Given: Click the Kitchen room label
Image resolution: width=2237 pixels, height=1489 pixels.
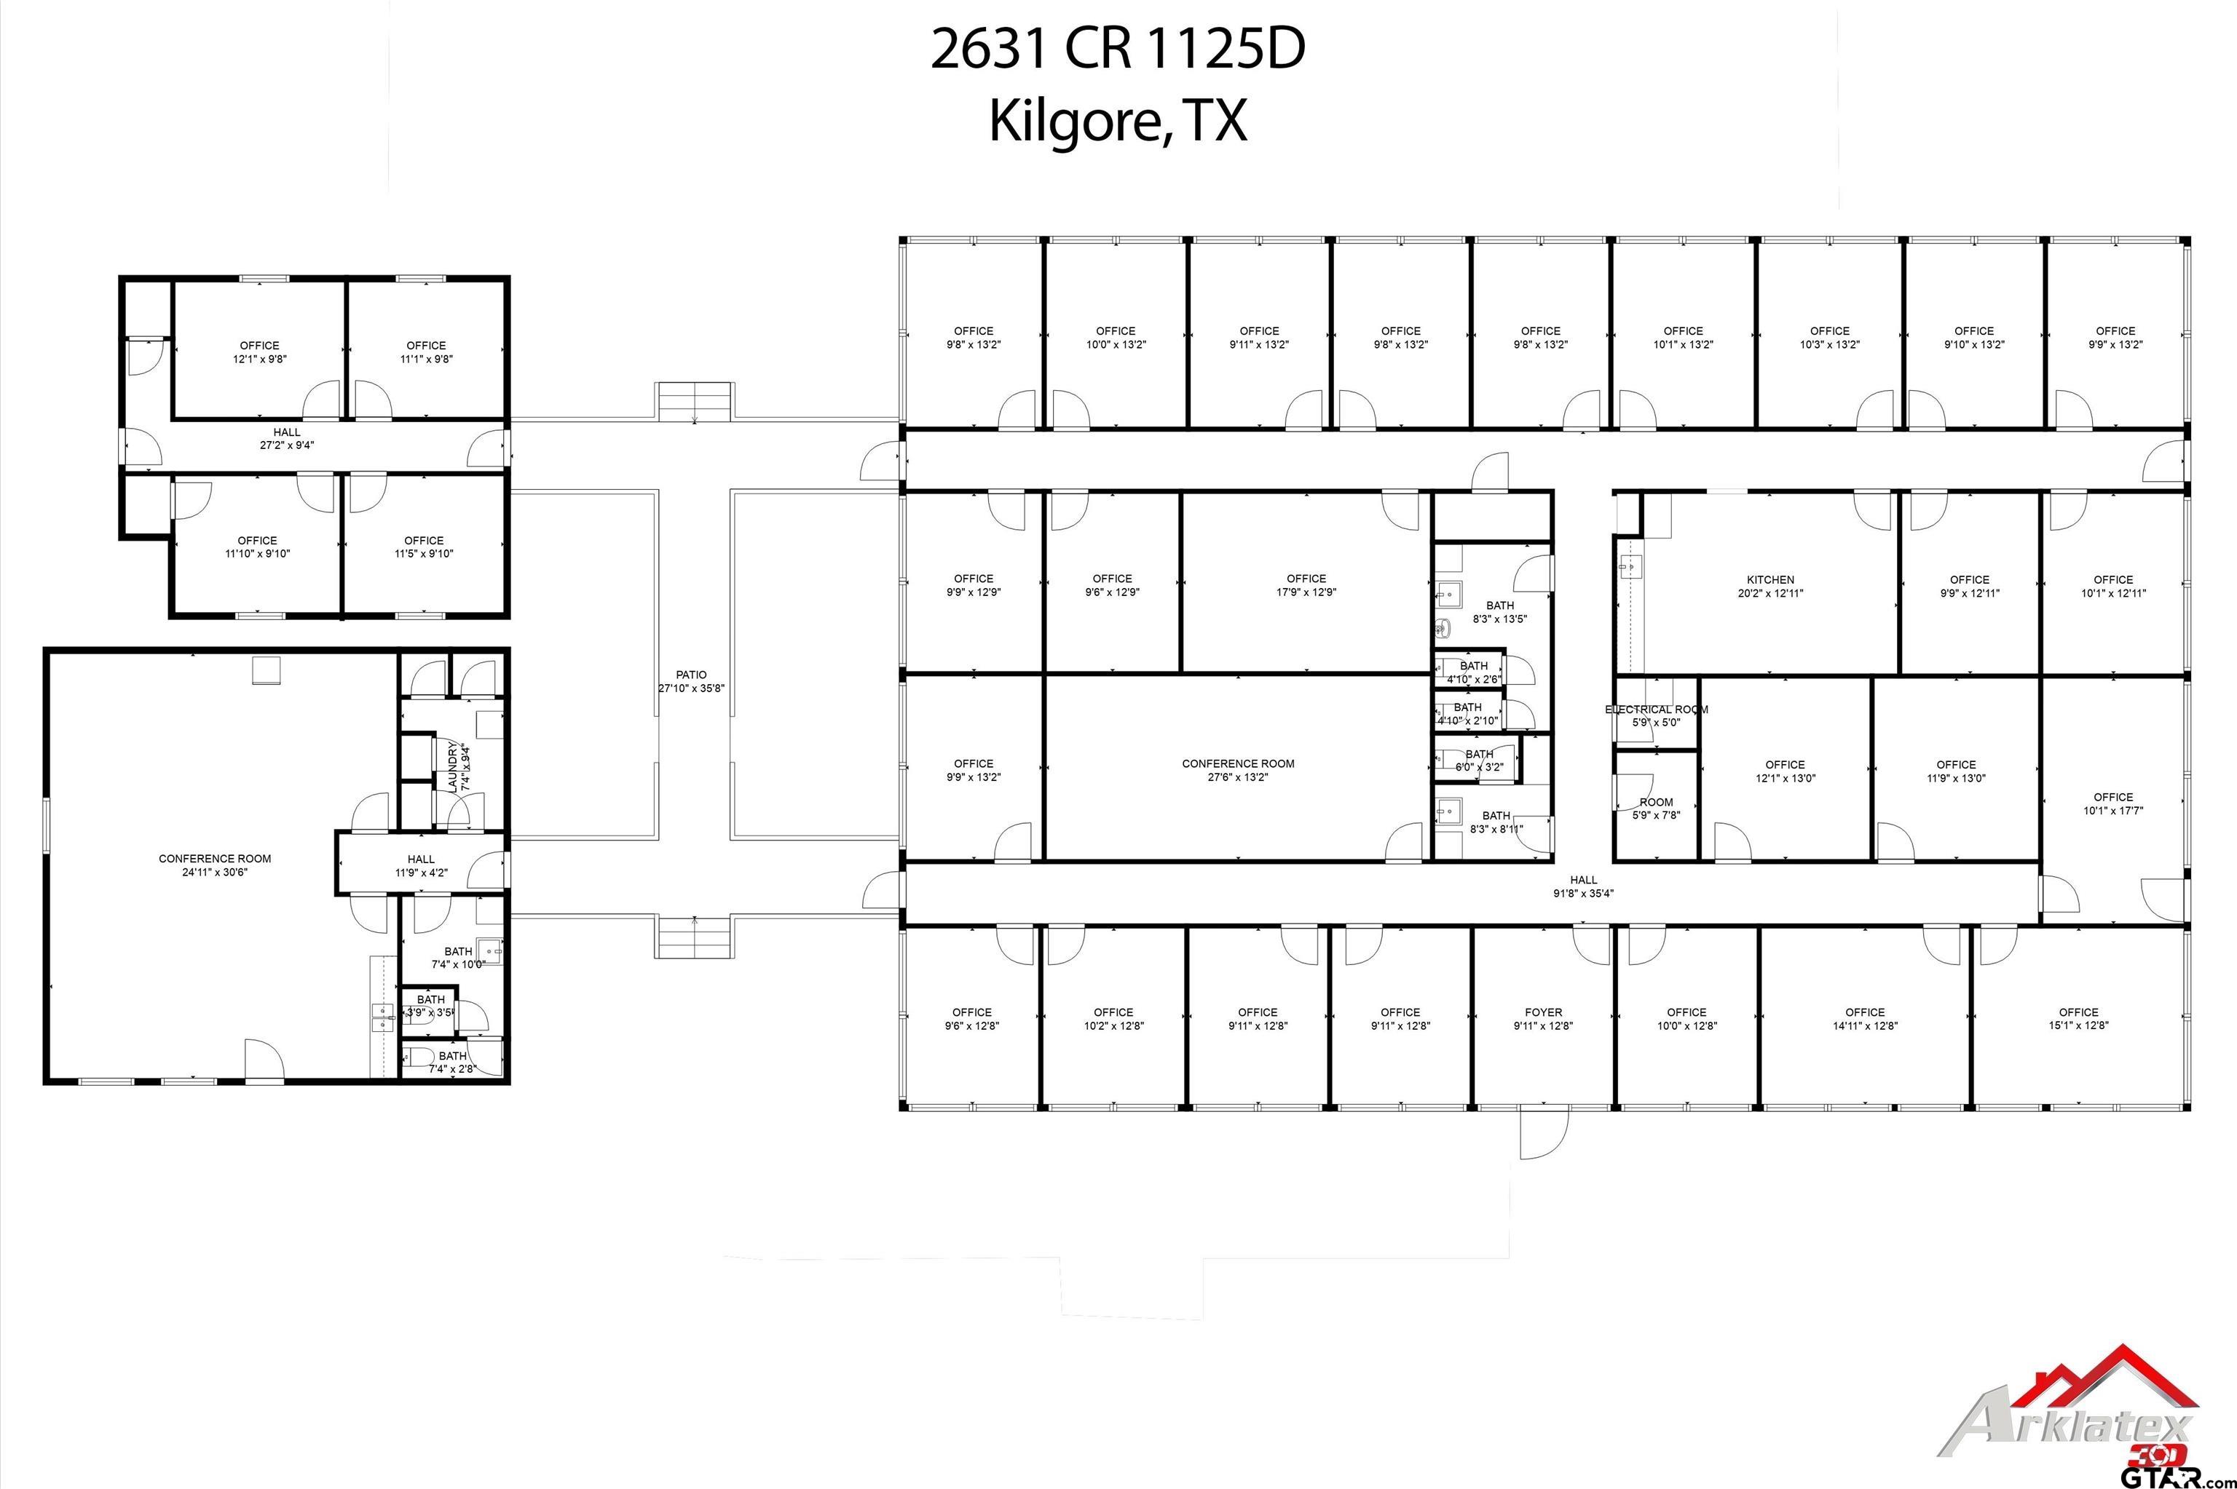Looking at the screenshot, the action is (x=1771, y=579).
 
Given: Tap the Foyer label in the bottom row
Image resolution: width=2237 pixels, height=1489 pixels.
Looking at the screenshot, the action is (x=1544, y=1012).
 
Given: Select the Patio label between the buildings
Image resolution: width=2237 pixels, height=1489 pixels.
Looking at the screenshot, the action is (x=692, y=674).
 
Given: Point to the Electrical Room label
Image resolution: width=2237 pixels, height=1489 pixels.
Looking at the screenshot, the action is (x=1657, y=710).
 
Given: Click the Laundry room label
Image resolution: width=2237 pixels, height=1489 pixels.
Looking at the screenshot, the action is (x=453, y=766).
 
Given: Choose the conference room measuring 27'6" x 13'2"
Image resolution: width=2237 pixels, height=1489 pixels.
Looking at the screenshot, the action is (x=1238, y=770).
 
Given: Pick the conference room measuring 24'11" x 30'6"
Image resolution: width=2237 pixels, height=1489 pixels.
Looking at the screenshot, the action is (x=215, y=865).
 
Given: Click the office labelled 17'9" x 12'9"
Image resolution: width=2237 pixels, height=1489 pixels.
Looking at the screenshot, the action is (x=1306, y=585).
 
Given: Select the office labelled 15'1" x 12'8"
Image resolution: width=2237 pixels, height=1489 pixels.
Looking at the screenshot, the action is (x=2078, y=1019).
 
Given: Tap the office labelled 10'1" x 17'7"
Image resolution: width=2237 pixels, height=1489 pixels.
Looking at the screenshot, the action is (x=2112, y=803).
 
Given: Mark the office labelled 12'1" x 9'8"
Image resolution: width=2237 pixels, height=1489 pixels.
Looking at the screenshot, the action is (x=259, y=352).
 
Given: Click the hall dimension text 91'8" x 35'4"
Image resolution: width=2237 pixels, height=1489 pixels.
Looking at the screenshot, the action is (x=1584, y=894).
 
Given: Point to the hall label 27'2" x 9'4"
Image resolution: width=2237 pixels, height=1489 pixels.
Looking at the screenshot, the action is (x=286, y=445).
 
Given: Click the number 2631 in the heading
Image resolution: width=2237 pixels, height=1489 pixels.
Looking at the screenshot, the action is (x=988, y=49).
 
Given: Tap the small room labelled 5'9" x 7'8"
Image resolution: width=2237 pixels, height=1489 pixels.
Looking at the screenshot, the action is (x=1656, y=808).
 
